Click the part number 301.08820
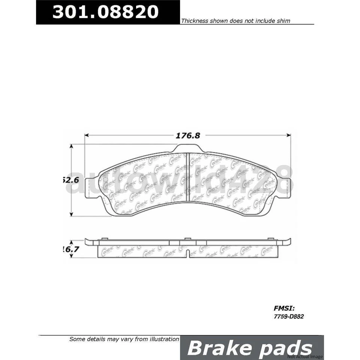tap(105, 12)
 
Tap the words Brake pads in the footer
tap(249, 348)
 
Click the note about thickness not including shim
tap(235, 21)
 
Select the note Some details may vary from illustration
tap(124, 339)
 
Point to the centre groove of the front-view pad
tap(187, 178)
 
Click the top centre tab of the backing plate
tap(188, 148)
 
